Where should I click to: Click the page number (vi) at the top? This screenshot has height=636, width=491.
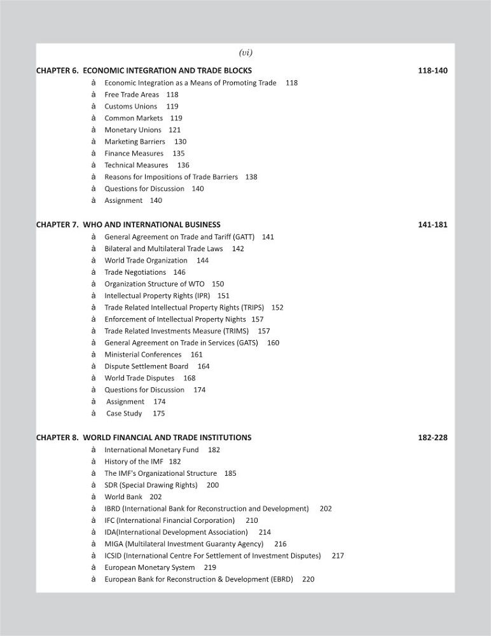click(246, 53)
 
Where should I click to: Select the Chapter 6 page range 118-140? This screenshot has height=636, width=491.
click(432, 71)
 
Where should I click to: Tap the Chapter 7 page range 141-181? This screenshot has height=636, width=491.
click(432, 225)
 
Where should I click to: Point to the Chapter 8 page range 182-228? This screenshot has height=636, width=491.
click(432, 438)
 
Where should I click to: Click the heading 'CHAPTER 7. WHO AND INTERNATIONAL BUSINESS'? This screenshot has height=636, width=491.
click(128, 225)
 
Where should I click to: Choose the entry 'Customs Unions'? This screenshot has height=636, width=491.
click(130, 106)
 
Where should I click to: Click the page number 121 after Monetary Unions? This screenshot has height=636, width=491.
click(174, 130)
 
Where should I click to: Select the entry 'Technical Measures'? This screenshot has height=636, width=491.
click(136, 165)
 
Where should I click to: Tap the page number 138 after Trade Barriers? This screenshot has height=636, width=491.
click(251, 177)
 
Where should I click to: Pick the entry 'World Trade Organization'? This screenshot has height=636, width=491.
click(146, 260)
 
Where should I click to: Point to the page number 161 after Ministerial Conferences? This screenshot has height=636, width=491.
click(197, 354)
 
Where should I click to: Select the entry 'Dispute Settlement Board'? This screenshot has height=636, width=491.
click(146, 366)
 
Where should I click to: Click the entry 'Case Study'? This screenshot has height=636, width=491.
click(124, 413)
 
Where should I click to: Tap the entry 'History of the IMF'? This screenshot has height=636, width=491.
click(133, 461)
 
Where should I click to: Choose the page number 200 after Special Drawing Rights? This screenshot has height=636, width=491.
click(212, 485)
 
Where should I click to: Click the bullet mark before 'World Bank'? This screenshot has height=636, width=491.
click(93, 497)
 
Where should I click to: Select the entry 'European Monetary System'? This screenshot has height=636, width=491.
click(149, 567)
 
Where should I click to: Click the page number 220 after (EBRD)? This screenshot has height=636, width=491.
click(308, 579)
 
